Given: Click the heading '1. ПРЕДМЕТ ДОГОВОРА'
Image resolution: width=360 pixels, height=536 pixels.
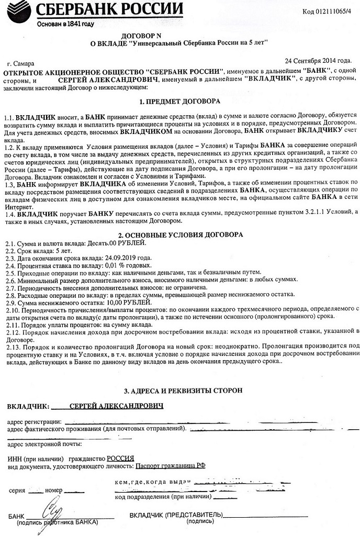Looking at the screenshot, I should coord(180,100).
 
